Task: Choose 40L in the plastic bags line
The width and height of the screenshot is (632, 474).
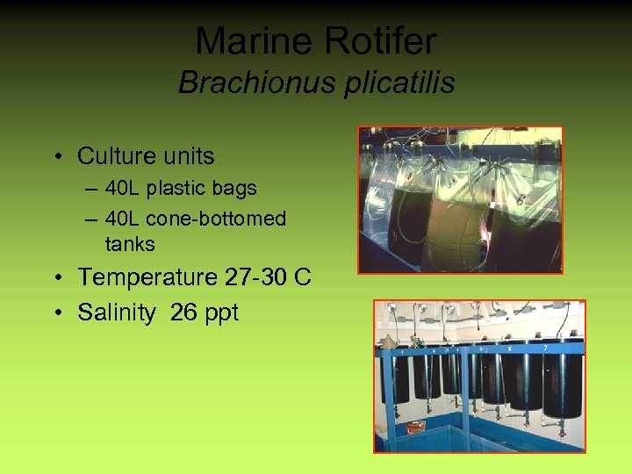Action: [124, 188]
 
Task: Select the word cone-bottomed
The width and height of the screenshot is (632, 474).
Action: [216, 219]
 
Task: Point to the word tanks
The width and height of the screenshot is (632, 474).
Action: [130, 244]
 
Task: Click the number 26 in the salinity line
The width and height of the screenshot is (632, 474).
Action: [184, 312]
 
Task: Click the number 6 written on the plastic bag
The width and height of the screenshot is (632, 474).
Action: [521, 200]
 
